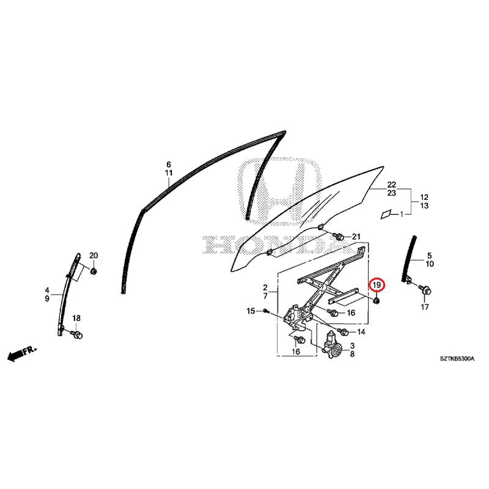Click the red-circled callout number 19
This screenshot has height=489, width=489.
(377, 285)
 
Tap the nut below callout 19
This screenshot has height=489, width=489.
(377, 301)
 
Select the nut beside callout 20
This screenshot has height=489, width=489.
(93, 271)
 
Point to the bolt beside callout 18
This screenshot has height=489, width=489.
(77, 334)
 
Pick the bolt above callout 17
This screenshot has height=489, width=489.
(425, 290)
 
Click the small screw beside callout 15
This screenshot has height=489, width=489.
(265, 311)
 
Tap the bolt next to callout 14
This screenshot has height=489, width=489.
(343, 331)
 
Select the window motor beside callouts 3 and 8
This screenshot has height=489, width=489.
(331, 345)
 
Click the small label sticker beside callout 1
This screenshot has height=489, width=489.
(386, 215)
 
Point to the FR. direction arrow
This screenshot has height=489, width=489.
(22, 353)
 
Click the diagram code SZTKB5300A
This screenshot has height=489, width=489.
(457, 359)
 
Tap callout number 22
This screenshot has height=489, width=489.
(392, 185)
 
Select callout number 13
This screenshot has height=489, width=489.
(424, 205)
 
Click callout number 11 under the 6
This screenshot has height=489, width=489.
(169, 173)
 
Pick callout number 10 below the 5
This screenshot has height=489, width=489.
(430, 264)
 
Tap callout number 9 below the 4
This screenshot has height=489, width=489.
(47, 299)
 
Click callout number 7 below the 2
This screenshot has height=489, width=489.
(265, 296)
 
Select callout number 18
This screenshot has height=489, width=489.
(76, 318)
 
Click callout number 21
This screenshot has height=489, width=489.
(356, 237)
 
